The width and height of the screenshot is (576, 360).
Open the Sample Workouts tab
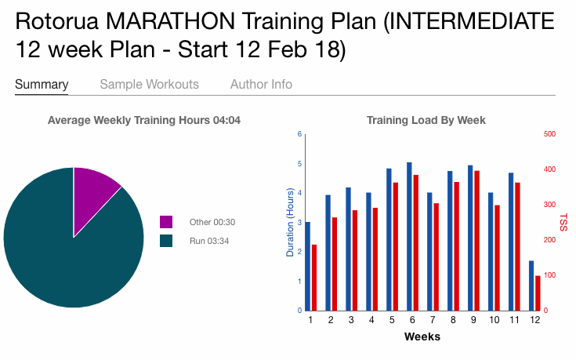coord(149,84)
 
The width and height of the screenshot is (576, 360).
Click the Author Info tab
coord(261,84)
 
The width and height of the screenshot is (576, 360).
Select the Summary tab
coord(42,84)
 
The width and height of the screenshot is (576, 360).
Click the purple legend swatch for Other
coord(165,222)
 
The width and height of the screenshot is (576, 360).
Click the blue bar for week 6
coord(409,236)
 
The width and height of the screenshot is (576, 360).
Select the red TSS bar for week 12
coord(537,293)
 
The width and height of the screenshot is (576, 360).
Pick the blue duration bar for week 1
coord(307,266)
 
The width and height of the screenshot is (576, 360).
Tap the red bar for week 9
coord(476,240)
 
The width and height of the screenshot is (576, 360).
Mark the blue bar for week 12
coord(531,285)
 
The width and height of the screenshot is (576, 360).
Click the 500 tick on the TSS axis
coord(549,134)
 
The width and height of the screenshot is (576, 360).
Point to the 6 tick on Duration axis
coord(299,134)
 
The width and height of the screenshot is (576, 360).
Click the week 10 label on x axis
coord(494,321)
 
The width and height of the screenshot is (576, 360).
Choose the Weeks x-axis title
coord(422,336)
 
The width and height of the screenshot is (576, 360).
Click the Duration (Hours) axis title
coord(290,223)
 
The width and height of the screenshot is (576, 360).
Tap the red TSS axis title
coord(563,222)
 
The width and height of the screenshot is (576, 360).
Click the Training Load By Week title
coord(426,120)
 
